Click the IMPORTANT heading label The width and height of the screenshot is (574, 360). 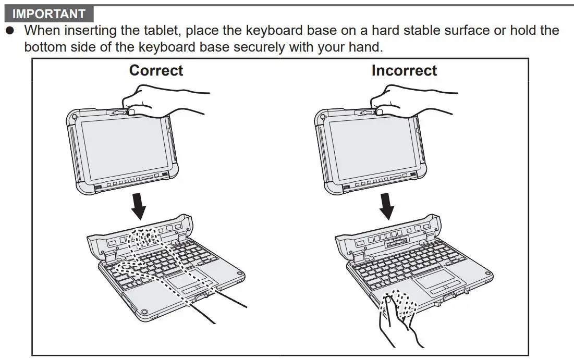pos(49,14)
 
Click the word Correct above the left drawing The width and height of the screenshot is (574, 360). pos(156,70)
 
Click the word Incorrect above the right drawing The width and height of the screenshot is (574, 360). pos(404,70)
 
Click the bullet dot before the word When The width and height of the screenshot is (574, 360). pos(9,31)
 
